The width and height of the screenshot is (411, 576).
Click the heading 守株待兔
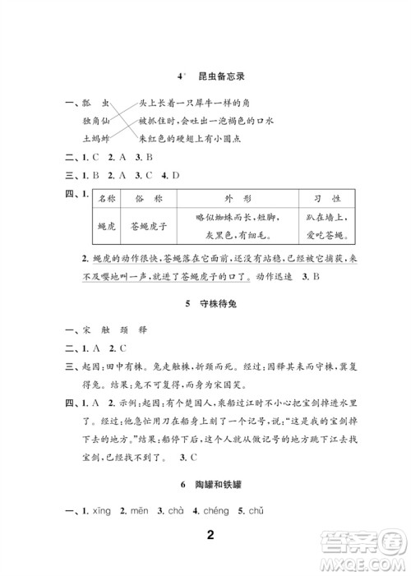point(218,304)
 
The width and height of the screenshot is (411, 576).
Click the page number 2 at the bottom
point(210,537)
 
